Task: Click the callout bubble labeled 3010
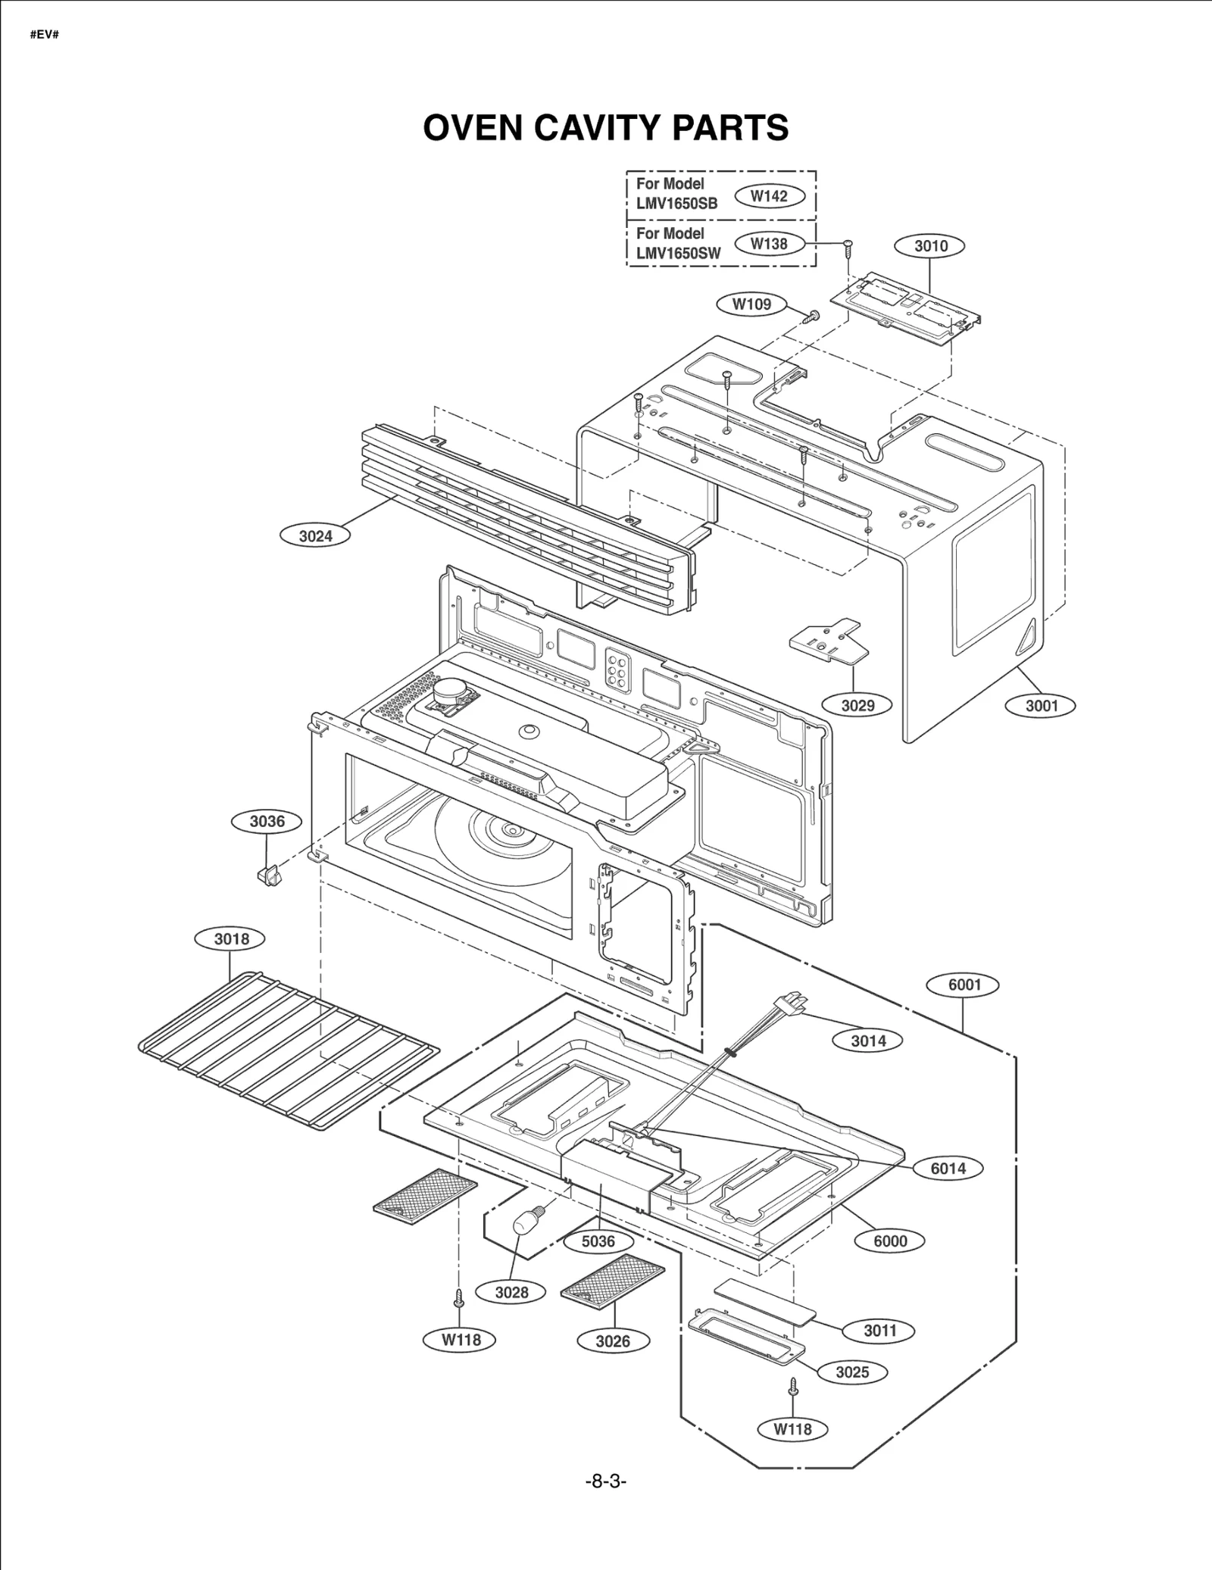click(930, 246)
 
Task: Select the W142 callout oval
click(769, 196)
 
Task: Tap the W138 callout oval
click(769, 244)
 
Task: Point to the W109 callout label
click(751, 304)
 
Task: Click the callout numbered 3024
click(315, 536)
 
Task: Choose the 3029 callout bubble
click(857, 705)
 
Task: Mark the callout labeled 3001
click(1041, 706)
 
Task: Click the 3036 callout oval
click(267, 822)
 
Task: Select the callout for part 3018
click(231, 939)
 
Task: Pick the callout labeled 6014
click(948, 1168)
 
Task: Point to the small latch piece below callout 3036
click(270, 876)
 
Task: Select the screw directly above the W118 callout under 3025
click(793, 1386)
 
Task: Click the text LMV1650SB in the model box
click(676, 204)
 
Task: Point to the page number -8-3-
click(606, 1481)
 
